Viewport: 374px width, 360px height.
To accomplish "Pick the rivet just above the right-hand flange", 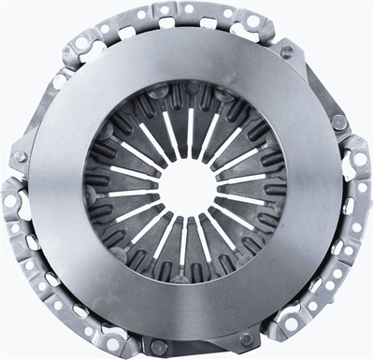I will coord(338,122).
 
